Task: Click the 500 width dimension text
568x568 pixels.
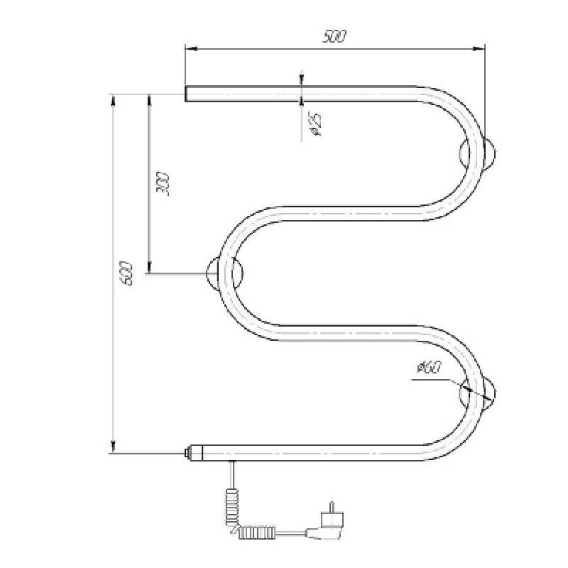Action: point(334,37)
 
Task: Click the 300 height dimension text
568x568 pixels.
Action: point(162,185)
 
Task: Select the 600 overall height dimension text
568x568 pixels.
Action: point(126,273)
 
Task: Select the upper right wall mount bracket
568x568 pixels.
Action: point(478,153)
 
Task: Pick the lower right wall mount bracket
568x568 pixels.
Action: point(478,393)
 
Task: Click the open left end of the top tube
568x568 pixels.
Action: point(187,94)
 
